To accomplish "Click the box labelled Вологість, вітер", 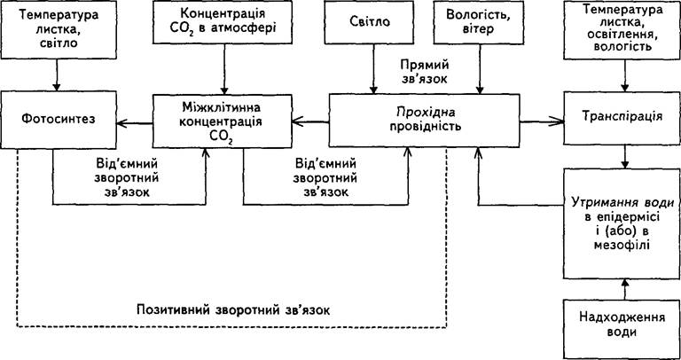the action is [x=480, y=22].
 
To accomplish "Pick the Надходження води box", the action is [x=622, y=329].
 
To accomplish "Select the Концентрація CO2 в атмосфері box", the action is [x=224, y=22].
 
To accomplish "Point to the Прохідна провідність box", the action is [x=424, y=121].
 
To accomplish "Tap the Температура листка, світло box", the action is [x=59, y=24].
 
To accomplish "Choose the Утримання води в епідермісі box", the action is [x=622, y=223].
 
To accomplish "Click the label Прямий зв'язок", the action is [x=424, y=73].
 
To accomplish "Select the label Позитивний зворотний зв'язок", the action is [x=233, y=310].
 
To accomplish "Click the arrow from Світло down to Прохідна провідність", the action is [x=373, y=69].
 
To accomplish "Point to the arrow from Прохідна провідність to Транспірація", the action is [x=542, y=122].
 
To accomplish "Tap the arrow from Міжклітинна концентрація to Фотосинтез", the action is [x=135, y=123].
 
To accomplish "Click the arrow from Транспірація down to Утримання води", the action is [x=625, y=157].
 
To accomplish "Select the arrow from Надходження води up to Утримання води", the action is [x=625, y=289].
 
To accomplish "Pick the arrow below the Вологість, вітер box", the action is [x=480, y=69].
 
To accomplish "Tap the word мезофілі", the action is [x=622, y=245].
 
